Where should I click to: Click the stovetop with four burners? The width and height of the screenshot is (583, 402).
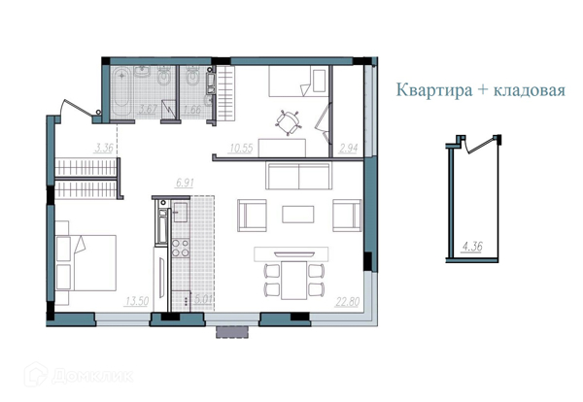click(x=181, y=246)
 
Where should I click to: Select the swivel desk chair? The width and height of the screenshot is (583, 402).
click(x=288, y=121)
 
